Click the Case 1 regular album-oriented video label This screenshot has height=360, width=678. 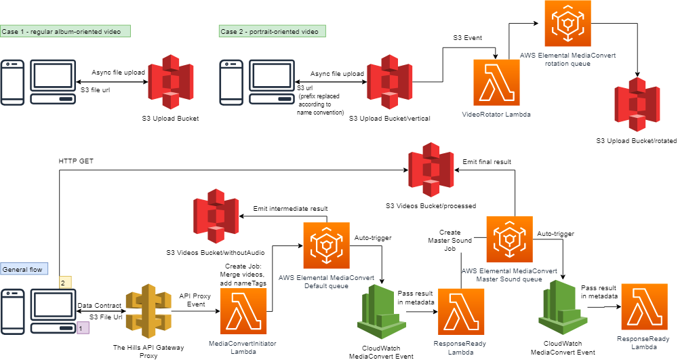[65, 31]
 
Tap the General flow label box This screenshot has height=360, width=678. [22, 269]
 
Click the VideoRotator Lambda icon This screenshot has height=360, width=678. [496, 83]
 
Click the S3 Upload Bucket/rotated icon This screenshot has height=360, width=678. [637, 104]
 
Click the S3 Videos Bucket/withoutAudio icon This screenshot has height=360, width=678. [215, 217]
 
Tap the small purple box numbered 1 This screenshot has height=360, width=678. [83, 327]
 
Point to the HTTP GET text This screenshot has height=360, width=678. [77, 161]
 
